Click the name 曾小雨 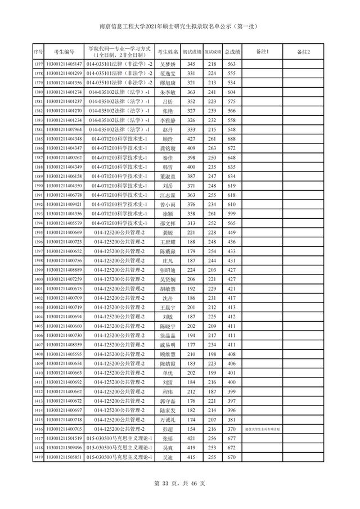(168, 204)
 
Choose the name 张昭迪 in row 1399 (168, 270)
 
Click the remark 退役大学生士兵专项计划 (262, 429)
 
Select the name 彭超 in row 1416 (168, 429)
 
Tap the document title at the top (180, 25)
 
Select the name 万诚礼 (168, 420)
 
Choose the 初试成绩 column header (191, 52)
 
